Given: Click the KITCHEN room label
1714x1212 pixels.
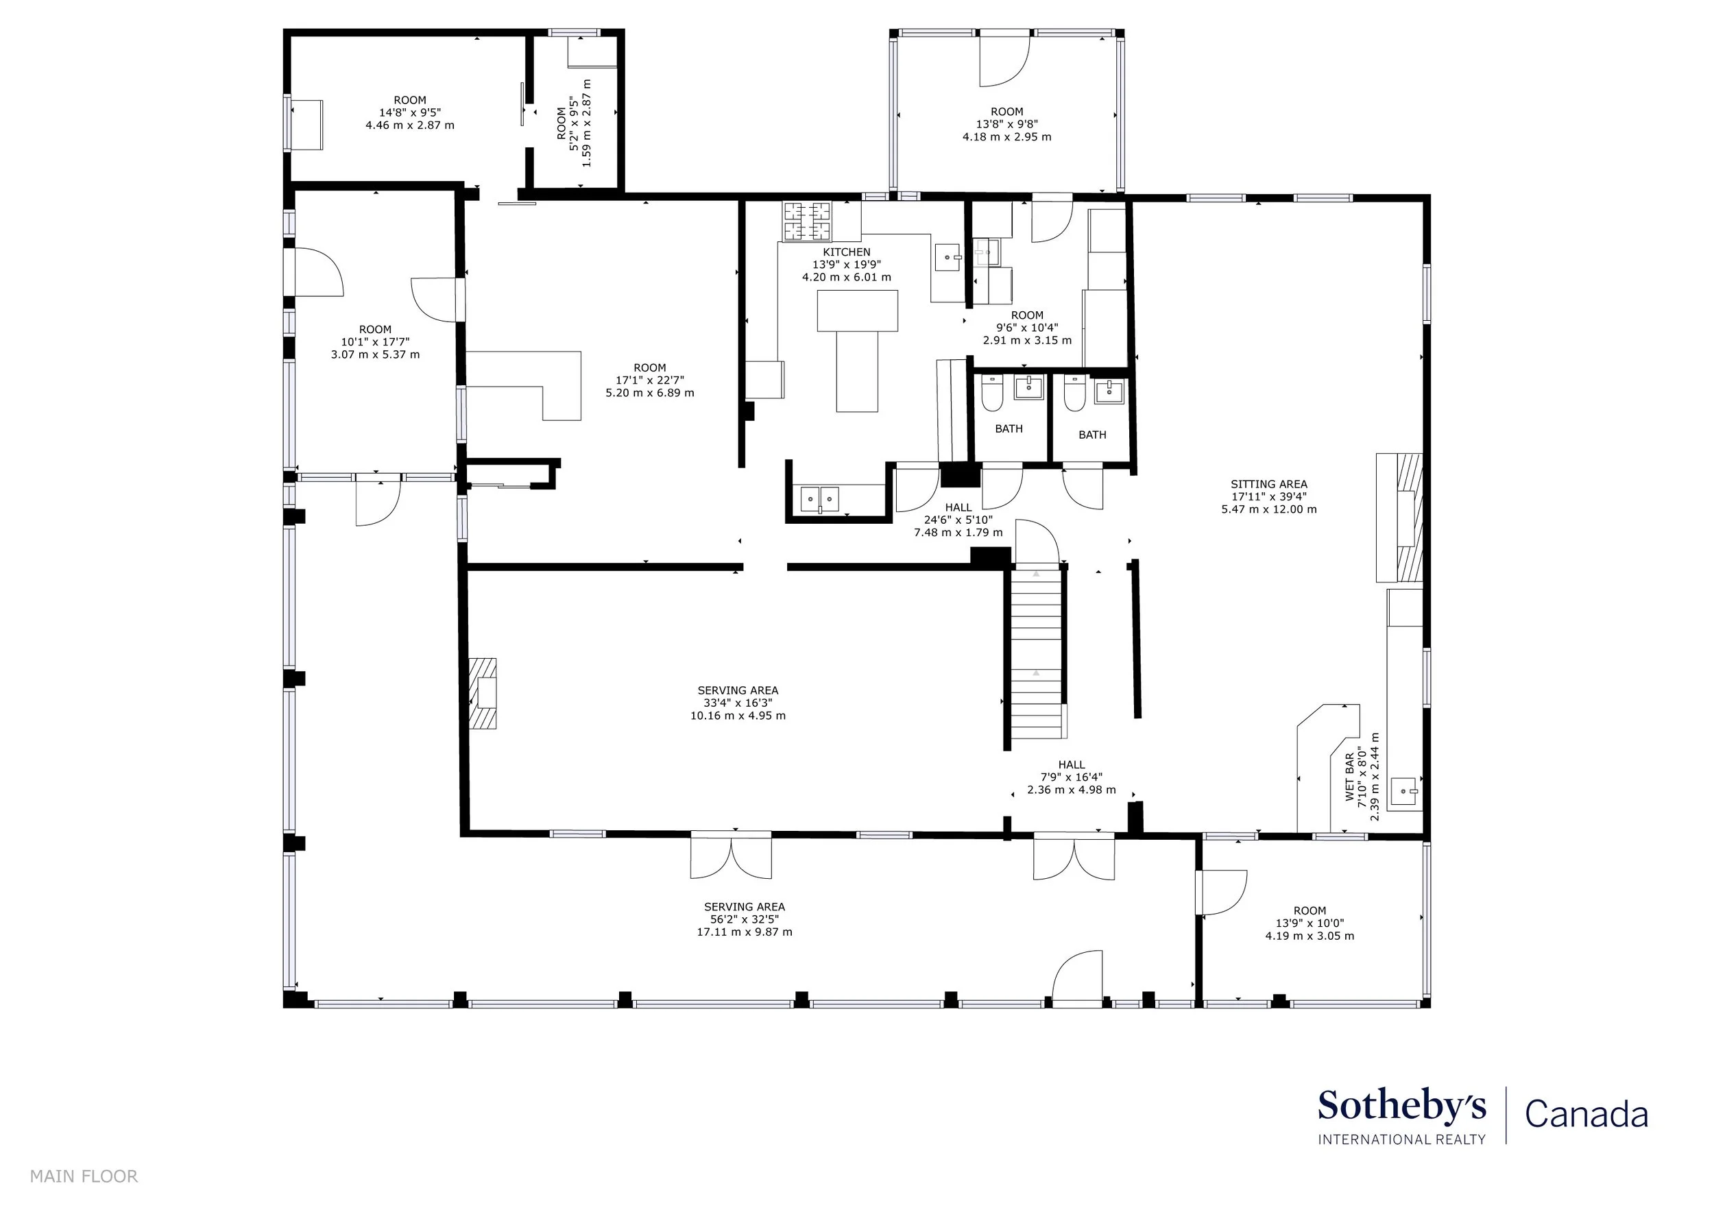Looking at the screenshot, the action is tap(847, 252).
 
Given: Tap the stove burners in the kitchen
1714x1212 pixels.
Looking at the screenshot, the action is tap(806, 221).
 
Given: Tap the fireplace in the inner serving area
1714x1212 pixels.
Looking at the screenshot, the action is tap(482, 693).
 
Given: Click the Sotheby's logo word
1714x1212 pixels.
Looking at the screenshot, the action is tap(1402, 1106).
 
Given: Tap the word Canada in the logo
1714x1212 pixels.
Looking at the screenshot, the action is tap(1586, 1115).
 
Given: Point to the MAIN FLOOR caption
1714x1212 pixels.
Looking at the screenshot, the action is tap(84, 1177).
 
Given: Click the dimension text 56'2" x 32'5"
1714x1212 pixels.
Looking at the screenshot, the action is tap(745, 919).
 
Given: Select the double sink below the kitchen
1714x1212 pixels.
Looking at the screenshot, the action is tap(820, 498).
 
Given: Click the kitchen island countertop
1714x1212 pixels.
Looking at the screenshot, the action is tap(857, 350).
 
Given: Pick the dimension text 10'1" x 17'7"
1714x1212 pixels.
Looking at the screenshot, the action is tap(376, 342).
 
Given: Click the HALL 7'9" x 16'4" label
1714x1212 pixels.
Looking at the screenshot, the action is tap(1071, 777).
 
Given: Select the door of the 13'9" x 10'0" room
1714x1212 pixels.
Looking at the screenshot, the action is tap(1221, 893).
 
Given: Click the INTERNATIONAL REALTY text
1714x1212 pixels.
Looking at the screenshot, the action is tap(1402, 1139).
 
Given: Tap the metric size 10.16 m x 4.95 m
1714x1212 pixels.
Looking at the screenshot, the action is tap(738, 716).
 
